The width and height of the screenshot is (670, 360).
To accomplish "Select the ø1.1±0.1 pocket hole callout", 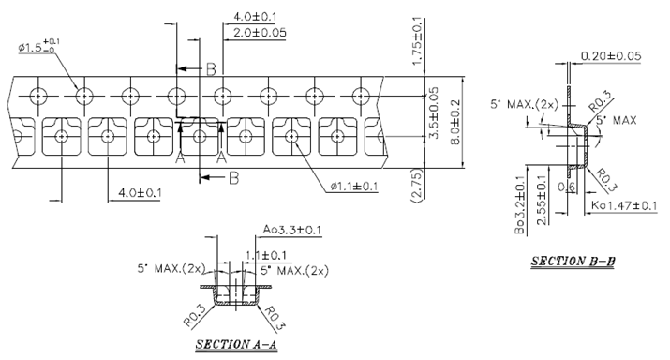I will tap(353, 187).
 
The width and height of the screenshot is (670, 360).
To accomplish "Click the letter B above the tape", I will tap(212, 68).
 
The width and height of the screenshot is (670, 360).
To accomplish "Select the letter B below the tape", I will tap(233, 176).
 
